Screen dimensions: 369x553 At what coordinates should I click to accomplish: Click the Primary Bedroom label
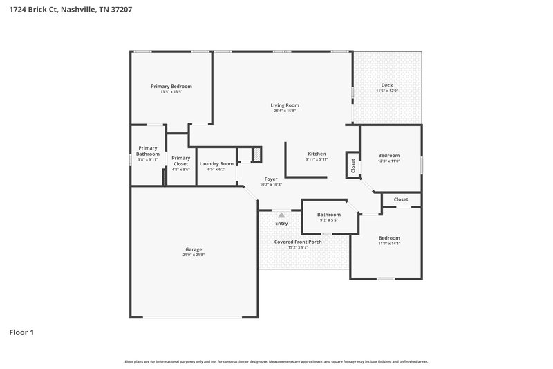click(x=171, y=86)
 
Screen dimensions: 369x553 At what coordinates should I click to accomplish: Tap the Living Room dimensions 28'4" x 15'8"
click(x=285, y=111)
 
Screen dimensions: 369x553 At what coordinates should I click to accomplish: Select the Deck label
click(x=387, y=85)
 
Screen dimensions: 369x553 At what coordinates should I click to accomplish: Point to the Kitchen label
click(x=317, y=154)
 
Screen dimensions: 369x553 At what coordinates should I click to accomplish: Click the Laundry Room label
click(x=216, y=163)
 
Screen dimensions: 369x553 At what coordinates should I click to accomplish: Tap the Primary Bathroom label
click(x=147, y=150)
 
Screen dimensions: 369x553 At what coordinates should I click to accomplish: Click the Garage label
click(x=194, y=249)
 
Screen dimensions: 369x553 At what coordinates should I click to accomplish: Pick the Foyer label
click(x=271, y=179)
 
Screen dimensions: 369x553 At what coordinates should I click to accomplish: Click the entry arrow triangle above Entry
click(x=281, y=216)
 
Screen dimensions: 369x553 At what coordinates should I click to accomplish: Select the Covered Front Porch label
click(x=298, y=242)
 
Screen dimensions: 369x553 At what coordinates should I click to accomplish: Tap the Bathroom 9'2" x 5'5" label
click(x=329, y=215)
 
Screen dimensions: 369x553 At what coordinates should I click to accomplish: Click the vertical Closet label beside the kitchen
click(x=353, y=166)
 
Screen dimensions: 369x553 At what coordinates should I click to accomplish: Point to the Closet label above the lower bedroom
click(x=401, y=199)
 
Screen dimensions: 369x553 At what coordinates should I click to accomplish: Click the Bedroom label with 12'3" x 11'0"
click(x=388, y=156)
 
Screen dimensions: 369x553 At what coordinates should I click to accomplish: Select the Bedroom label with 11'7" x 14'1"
click(x=389, y=237)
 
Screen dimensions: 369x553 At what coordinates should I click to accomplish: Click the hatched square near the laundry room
click(x=256, y=153)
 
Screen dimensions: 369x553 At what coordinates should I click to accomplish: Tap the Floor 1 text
click(x=21, y=332)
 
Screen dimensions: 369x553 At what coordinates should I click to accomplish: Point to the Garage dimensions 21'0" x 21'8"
click(x=194, y=255)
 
